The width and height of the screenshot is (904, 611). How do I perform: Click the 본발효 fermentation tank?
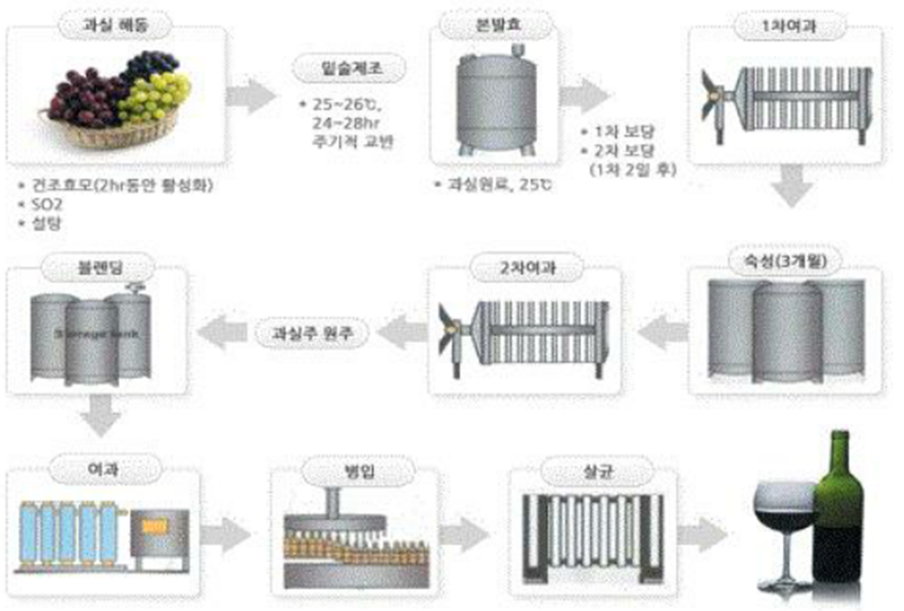tap(497, 97)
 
